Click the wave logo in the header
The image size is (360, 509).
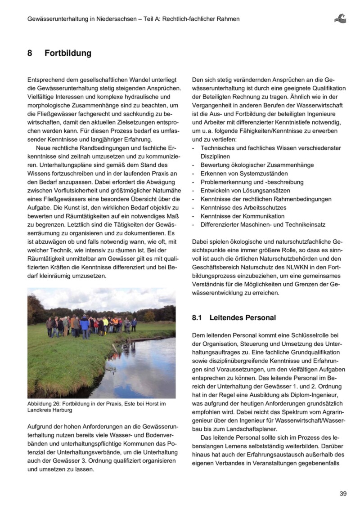tap(340, 18)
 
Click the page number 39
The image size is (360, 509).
tap(343, 494)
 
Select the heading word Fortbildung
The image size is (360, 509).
tap(67, 54)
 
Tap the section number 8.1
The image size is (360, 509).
tap(197, 317)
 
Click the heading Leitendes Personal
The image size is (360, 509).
tap(243, 317)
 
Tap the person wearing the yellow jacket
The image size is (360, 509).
tap(105, 323)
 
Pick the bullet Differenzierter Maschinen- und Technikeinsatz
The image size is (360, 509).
tap(263, 225)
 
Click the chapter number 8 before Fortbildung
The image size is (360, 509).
tap(30, 54)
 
